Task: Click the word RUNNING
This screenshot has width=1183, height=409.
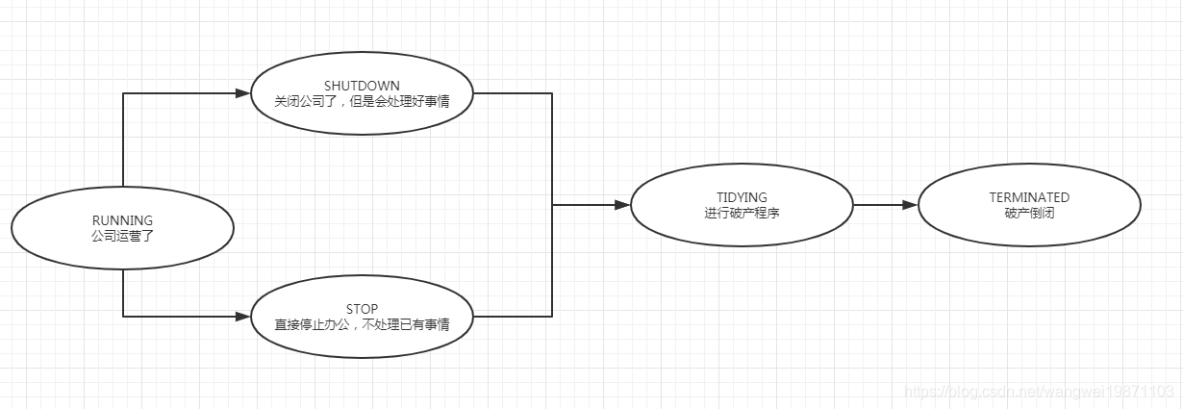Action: [122, 219]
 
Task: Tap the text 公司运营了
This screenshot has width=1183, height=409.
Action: [122, 235]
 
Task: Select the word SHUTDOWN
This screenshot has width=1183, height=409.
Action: [362, 85]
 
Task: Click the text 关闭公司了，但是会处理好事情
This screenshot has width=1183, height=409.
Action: [362, 100]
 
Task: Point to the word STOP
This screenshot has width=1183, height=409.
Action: [362, 309]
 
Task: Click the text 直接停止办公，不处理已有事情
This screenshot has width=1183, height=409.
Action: [362, 324]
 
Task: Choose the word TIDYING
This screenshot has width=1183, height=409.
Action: [742, 197]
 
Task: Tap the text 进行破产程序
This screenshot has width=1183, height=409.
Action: [742, 213]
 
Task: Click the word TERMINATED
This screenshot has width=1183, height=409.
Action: [1029, 197]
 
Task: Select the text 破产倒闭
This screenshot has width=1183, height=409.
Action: [1029, 213]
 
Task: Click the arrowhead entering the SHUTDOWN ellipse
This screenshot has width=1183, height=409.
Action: [242, 93]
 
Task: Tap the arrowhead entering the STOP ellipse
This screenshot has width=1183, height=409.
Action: [242, 316]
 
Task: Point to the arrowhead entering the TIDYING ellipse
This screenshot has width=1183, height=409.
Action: [622, 205]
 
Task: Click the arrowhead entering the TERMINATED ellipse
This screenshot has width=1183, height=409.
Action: [910, 205]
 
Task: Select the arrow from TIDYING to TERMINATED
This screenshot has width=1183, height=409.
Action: [880, 205]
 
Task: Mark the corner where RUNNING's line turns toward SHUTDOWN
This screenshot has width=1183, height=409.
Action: [124, 93]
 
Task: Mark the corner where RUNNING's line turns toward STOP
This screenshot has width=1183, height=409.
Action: [124, 316]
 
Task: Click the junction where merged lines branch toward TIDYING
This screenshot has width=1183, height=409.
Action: [552, 205]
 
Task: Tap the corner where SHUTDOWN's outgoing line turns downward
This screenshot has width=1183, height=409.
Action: [552, 93]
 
